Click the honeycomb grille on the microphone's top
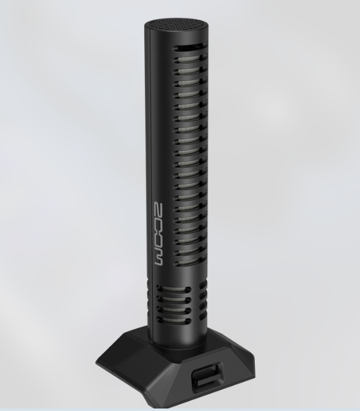coord(177,24)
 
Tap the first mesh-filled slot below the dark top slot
coord(190,59)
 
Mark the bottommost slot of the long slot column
coord(190,262)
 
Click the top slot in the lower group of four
coord(174,290)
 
